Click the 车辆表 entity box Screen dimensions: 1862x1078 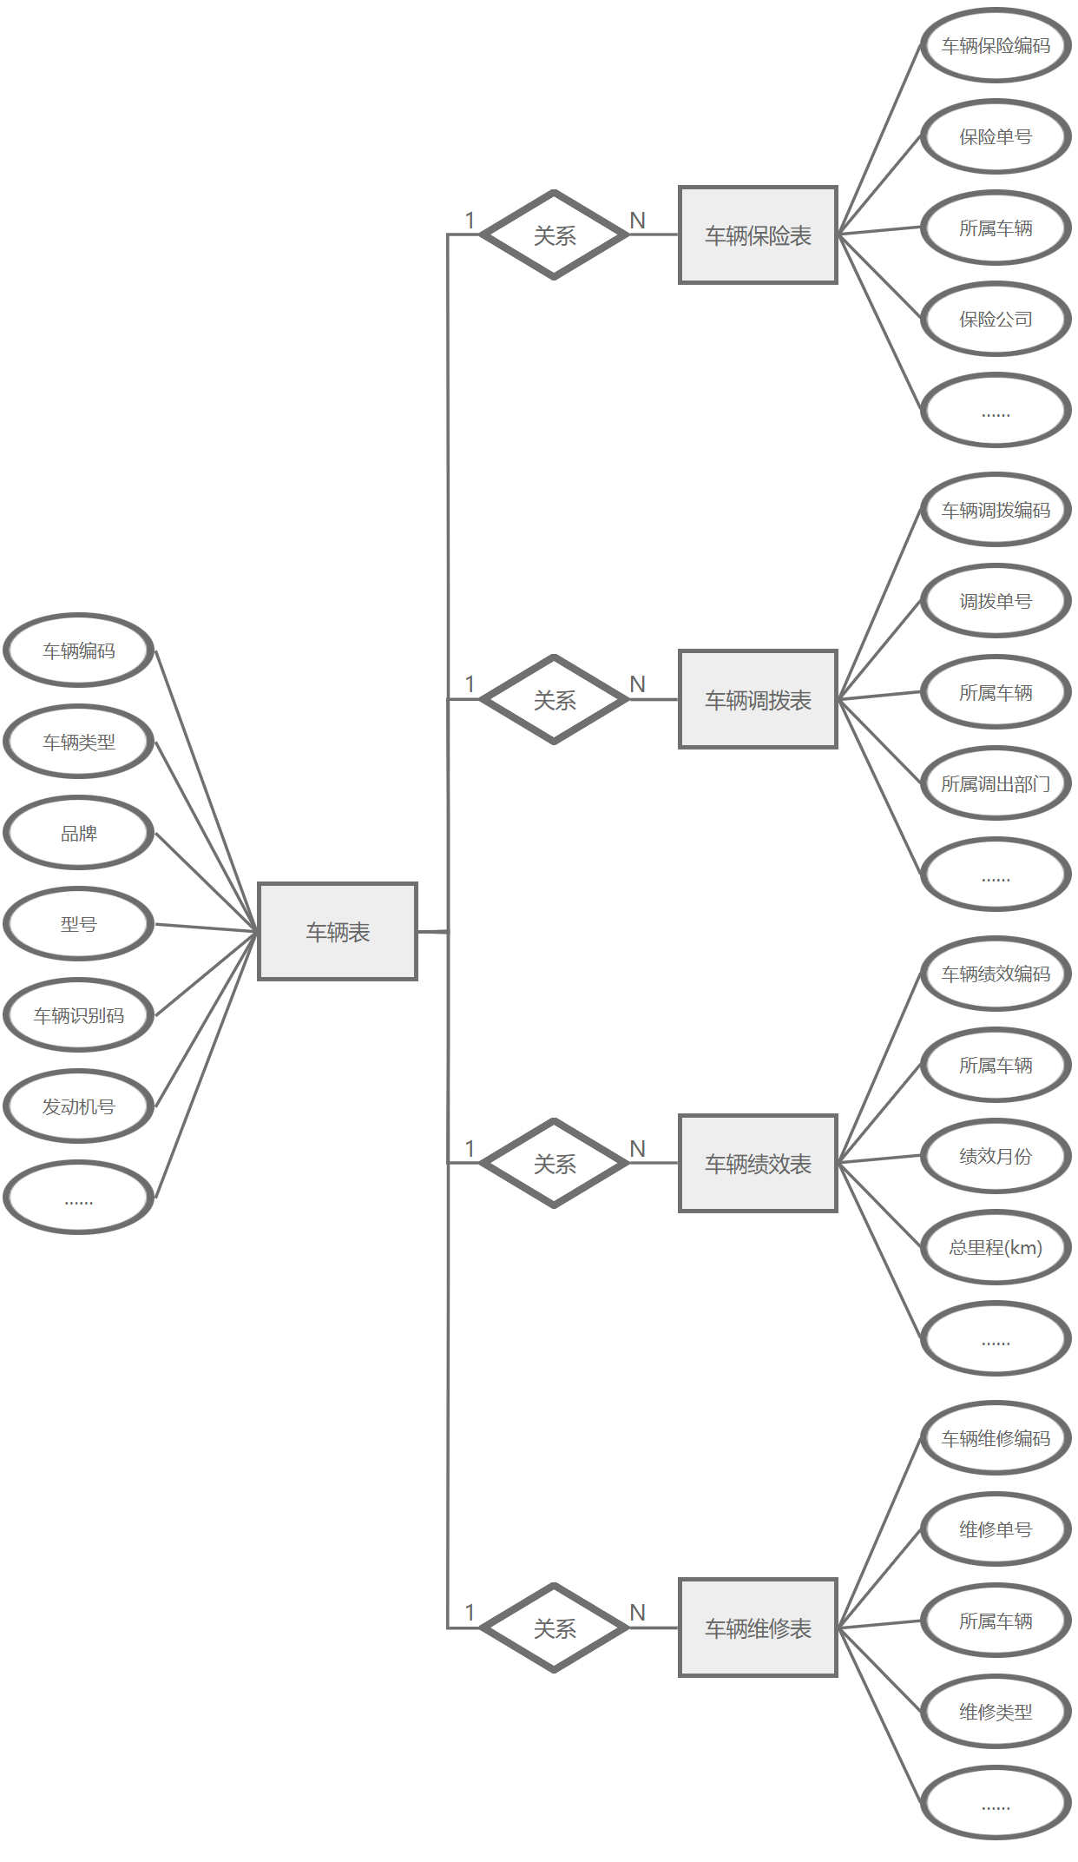point(338,931)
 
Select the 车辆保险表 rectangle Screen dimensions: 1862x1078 point(758,234)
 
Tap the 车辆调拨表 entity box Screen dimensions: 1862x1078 point(758,699)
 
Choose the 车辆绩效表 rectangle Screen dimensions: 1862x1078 point(758,1163)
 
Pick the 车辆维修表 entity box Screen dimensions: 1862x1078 point(758,1628)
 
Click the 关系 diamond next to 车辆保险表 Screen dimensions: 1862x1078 point(555,234)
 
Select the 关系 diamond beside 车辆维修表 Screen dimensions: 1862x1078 point(555,1628)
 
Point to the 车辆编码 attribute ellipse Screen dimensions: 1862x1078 point(79,650)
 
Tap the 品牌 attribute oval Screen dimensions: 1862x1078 point(79,833)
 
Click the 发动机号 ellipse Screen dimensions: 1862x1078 point(79,1106)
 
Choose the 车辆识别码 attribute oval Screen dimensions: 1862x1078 point(79,1014)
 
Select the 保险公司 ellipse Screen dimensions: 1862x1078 point(996,319)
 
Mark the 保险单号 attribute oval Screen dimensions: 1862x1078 point(996,136)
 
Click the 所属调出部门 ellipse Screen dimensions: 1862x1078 point(996,783)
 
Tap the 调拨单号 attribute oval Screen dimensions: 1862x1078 point(996,601)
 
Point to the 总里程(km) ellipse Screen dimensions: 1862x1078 point(996,1247)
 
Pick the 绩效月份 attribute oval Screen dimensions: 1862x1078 point(996,1156)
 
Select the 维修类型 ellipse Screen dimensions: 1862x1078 point(996,1712)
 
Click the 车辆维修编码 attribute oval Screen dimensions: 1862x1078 point(996,1438)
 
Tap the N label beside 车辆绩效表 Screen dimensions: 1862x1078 point(638,1148)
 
